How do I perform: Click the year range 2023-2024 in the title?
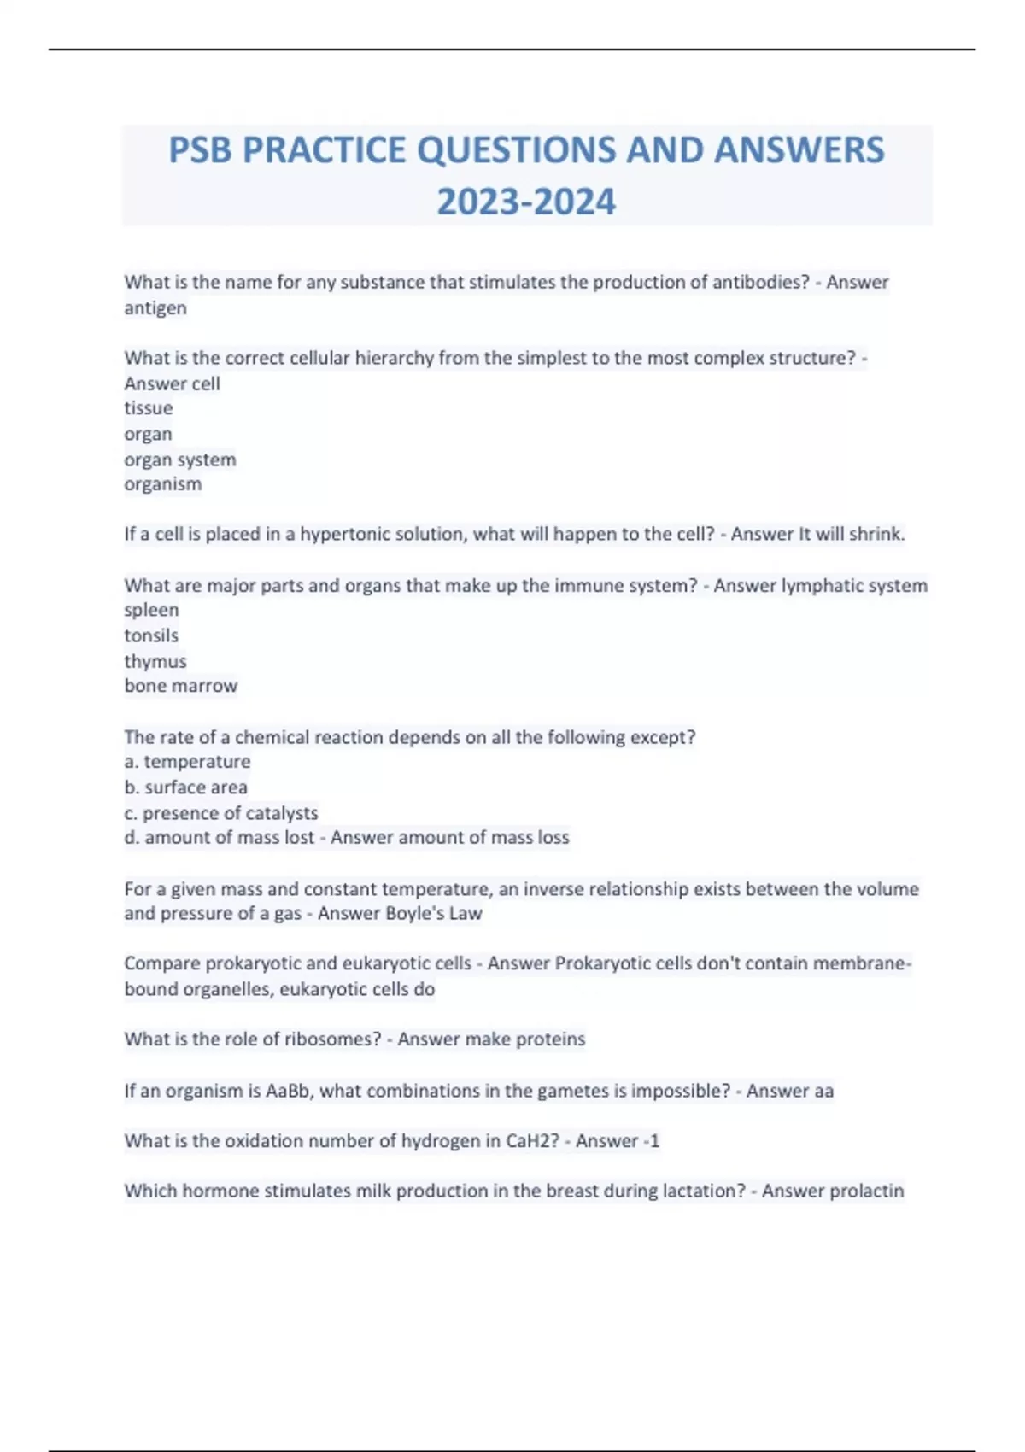526,202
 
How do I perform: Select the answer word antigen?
155,308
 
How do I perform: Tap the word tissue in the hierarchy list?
149,408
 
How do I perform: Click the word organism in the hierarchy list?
163,484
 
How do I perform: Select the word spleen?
151,610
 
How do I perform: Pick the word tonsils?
151,635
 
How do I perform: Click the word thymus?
155,661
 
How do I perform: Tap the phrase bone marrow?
181,686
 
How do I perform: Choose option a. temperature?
188,762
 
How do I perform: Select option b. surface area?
186,787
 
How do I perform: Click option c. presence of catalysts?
221,813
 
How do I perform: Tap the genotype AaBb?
288,1091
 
